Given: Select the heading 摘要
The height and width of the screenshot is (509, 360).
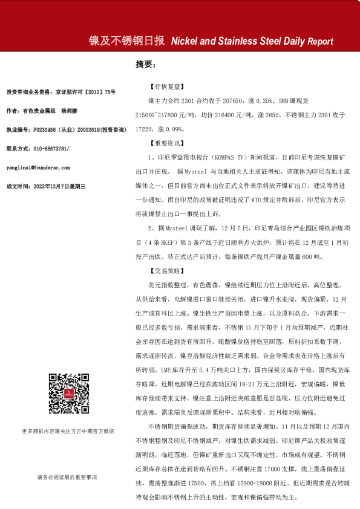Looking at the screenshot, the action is (x=145, y=63).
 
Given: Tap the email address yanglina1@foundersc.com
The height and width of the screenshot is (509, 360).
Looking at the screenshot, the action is (x=38, y=167).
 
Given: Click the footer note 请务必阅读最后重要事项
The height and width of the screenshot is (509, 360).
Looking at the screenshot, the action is (x=67, y=477).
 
